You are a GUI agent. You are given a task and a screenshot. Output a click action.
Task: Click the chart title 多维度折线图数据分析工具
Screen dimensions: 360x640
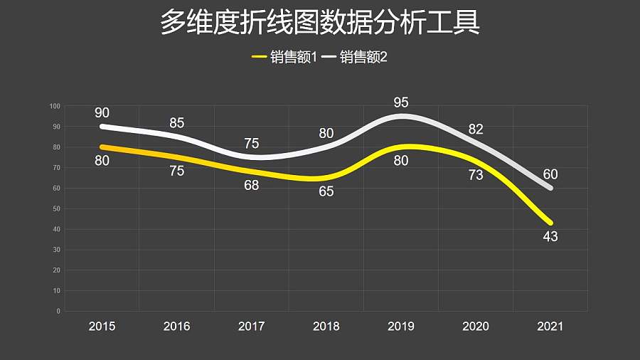[x=320, y=23]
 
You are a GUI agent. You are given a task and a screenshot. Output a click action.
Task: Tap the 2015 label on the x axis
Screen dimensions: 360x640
[x=102, y=327]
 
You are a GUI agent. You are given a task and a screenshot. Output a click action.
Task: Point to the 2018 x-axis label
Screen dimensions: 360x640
[x=326, y=327]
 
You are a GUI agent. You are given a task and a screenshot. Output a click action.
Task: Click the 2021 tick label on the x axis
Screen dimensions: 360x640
[x=550, y=327]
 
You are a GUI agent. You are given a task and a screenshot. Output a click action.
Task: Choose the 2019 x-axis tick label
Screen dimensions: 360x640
[x=401, y=327]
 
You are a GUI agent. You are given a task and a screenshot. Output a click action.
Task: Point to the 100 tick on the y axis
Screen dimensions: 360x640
[x=55, y=107]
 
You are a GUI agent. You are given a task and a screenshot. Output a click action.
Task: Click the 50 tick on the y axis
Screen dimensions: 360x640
[x=56, y=209]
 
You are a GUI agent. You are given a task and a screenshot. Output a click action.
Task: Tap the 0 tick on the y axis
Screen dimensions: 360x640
[x=58, y=312]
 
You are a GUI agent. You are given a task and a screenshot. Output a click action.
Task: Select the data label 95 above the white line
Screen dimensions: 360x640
[x=401, y=103]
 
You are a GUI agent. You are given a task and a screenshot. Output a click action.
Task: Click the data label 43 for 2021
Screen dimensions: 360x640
[x=550, y=237]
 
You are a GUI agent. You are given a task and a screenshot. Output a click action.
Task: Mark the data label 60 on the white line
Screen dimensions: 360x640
[x=550, y=174]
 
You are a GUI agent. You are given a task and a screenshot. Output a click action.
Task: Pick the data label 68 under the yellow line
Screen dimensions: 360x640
[x=251, y=186]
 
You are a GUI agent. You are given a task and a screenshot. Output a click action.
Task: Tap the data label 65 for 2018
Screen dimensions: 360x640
[x=326, y=191]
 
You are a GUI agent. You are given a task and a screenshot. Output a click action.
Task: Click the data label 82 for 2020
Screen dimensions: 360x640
[x=476, y=129]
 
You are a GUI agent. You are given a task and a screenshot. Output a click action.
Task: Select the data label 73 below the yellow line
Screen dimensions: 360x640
[x=476, y=175]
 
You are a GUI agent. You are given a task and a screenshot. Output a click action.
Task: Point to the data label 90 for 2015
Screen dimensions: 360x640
[x=102, y=112]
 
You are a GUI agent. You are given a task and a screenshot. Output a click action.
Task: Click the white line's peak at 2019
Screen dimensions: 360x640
[x=402, y=116]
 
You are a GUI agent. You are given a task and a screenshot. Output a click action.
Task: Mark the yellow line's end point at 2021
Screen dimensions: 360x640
[x=550, y=223]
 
